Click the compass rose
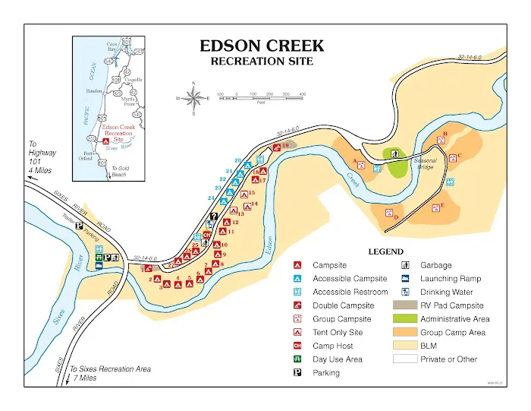click(194, 98)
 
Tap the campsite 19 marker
click(277, 147)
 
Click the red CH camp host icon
click(206, 236)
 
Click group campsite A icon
click(361, 165)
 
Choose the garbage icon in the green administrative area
click(395, 153)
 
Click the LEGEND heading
click(385, 251)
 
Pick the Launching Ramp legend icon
click(406, 279)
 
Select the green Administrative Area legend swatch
click(406, 319)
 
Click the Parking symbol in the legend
click(298, 373)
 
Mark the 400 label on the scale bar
click(303, 94)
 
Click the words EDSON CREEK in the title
click(260, 46)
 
